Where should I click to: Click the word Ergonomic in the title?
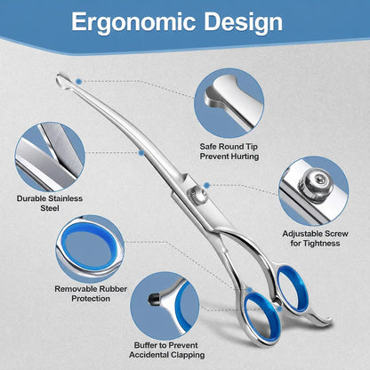click(133, 23)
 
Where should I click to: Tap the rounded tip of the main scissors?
click(62, 80)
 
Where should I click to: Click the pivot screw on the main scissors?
click(197, 196)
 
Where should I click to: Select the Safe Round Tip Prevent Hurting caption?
click(229, 151)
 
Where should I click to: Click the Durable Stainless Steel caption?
click(50, 203)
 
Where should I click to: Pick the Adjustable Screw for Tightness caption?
click(315, 238)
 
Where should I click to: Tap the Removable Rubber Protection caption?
click(91, 294)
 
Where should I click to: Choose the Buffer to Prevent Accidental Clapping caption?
click(166, 350)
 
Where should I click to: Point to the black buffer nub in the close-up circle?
click(153, 299)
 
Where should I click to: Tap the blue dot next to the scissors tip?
click(78, 81)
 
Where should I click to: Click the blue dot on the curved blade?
click(141, 153)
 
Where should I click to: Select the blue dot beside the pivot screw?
click(207, 186)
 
